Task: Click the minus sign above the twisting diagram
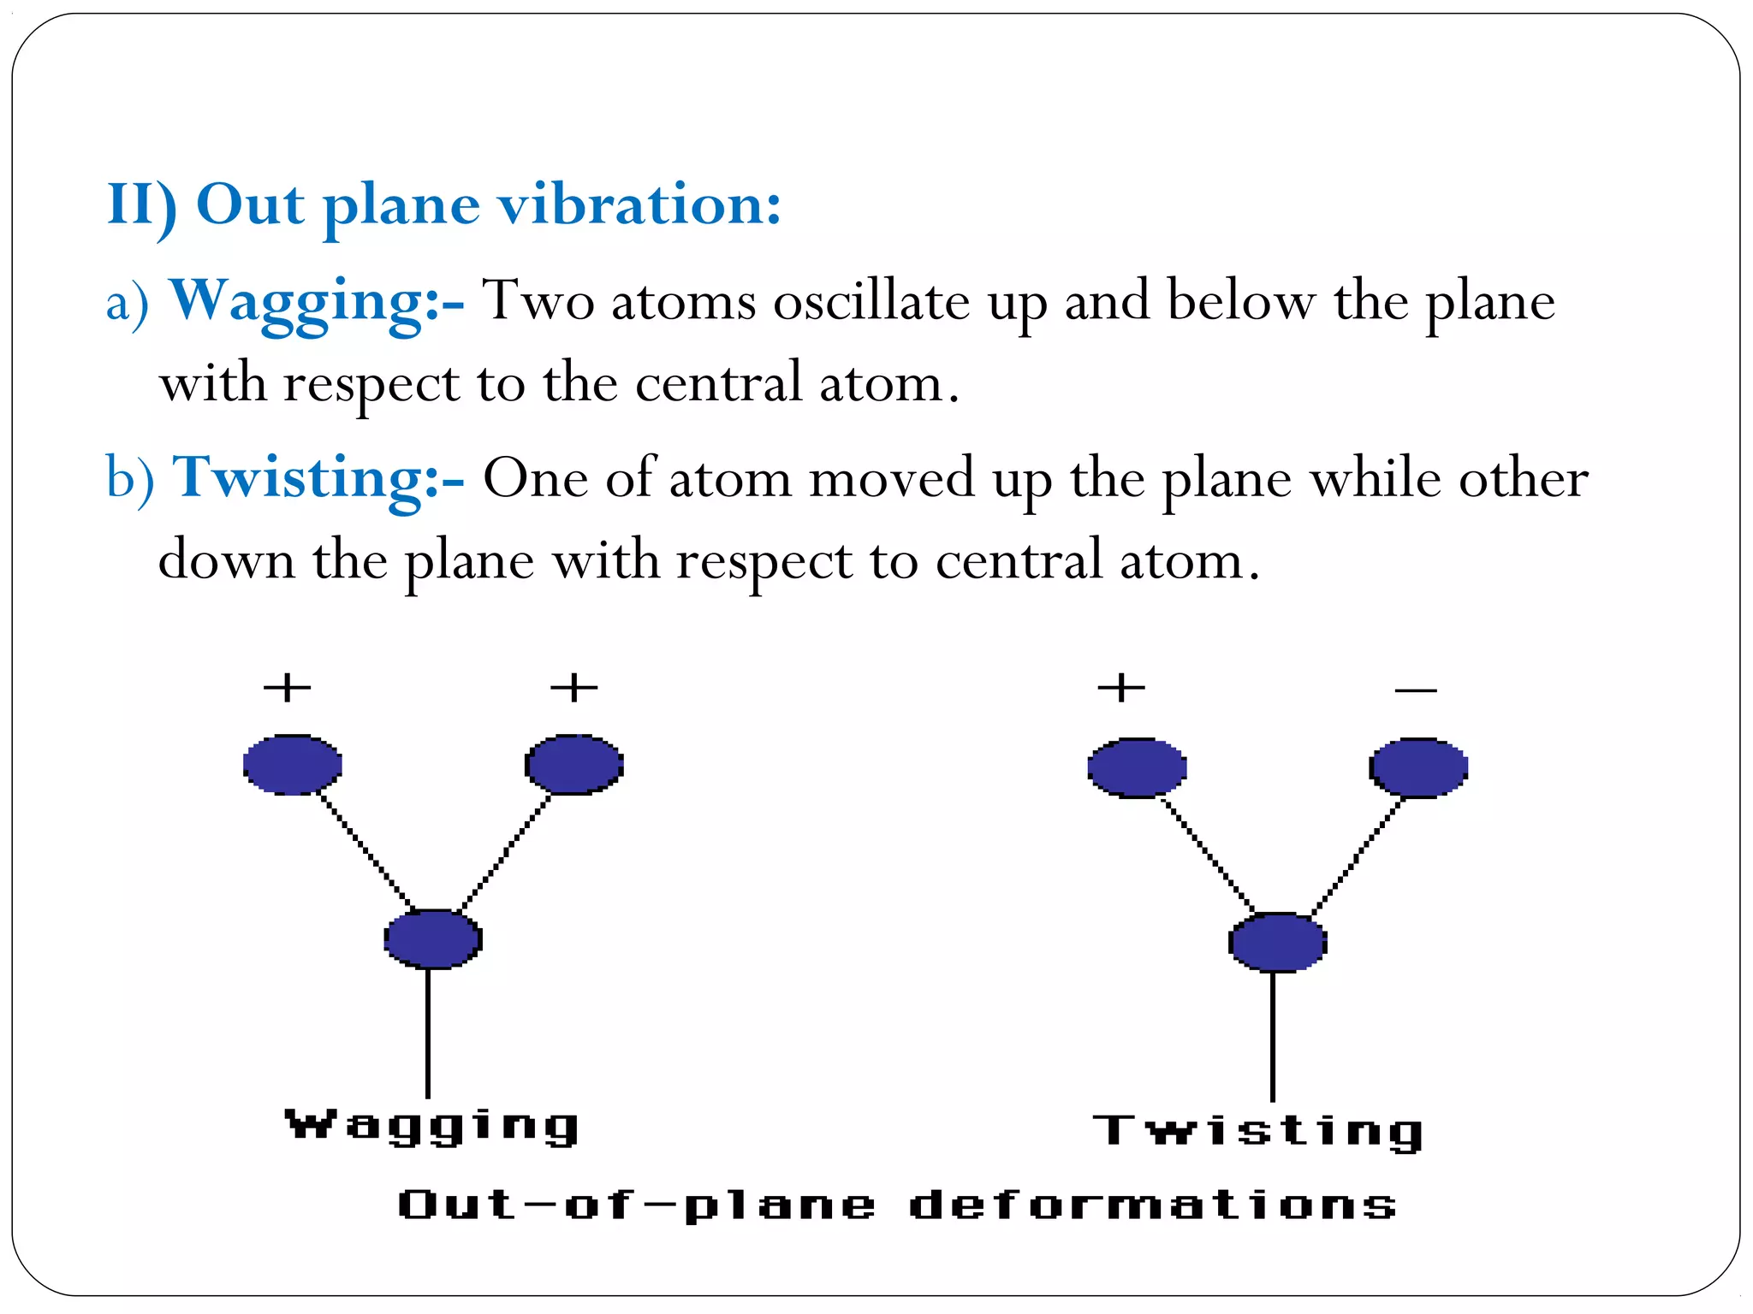click(1415, 690)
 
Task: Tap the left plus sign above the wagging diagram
click(287, 687)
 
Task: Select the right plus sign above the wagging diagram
click(573, 687)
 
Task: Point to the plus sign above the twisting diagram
click(1121, 687)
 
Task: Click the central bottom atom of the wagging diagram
click(432, 938)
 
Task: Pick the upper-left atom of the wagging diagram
click(293, 764)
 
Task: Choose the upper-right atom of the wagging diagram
click(573, 764)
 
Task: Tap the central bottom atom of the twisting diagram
click(1277, 942)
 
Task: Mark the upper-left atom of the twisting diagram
click(1137, 767)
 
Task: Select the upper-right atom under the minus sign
click(1418, 767)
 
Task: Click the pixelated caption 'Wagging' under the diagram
click(432, 1125)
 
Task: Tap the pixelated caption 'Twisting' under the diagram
click(1258, 1131)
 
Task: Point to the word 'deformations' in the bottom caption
click(1152, 1204)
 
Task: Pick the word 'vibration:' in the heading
click(640, 205)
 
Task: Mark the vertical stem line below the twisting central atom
click(1273, 1037)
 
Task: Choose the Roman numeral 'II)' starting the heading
click(141, 205)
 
